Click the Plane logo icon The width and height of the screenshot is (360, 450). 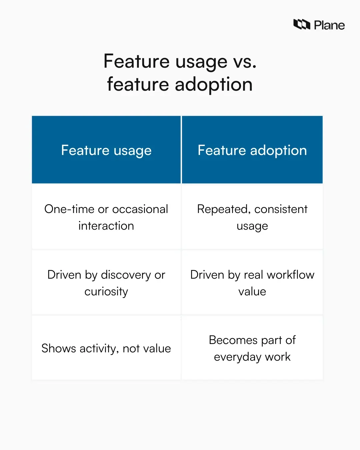click(302, 24)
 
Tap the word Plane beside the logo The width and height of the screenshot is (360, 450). click(329, 25)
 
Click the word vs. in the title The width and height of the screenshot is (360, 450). click(245, 62)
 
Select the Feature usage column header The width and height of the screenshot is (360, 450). click(106, 150)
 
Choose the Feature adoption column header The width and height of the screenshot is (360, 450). click(252, 150)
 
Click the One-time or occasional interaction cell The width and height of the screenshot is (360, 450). click(106, 217)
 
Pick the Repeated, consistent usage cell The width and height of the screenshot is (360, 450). click(252, 217)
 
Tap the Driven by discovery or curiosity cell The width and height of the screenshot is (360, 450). click(106, 283)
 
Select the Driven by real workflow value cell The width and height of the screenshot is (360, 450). click(252, 283)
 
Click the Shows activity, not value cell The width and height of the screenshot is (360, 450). click(106, 348)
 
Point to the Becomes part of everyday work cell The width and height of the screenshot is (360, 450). click(252, 348)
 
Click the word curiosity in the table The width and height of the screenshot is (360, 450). click(106, 292)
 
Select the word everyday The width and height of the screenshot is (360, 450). click(238, 357)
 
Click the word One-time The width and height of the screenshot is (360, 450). click(69, 209)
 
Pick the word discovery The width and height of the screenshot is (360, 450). click(126, 275)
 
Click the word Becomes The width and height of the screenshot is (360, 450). click(233, 340)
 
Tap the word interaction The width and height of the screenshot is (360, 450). click(106, 226)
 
